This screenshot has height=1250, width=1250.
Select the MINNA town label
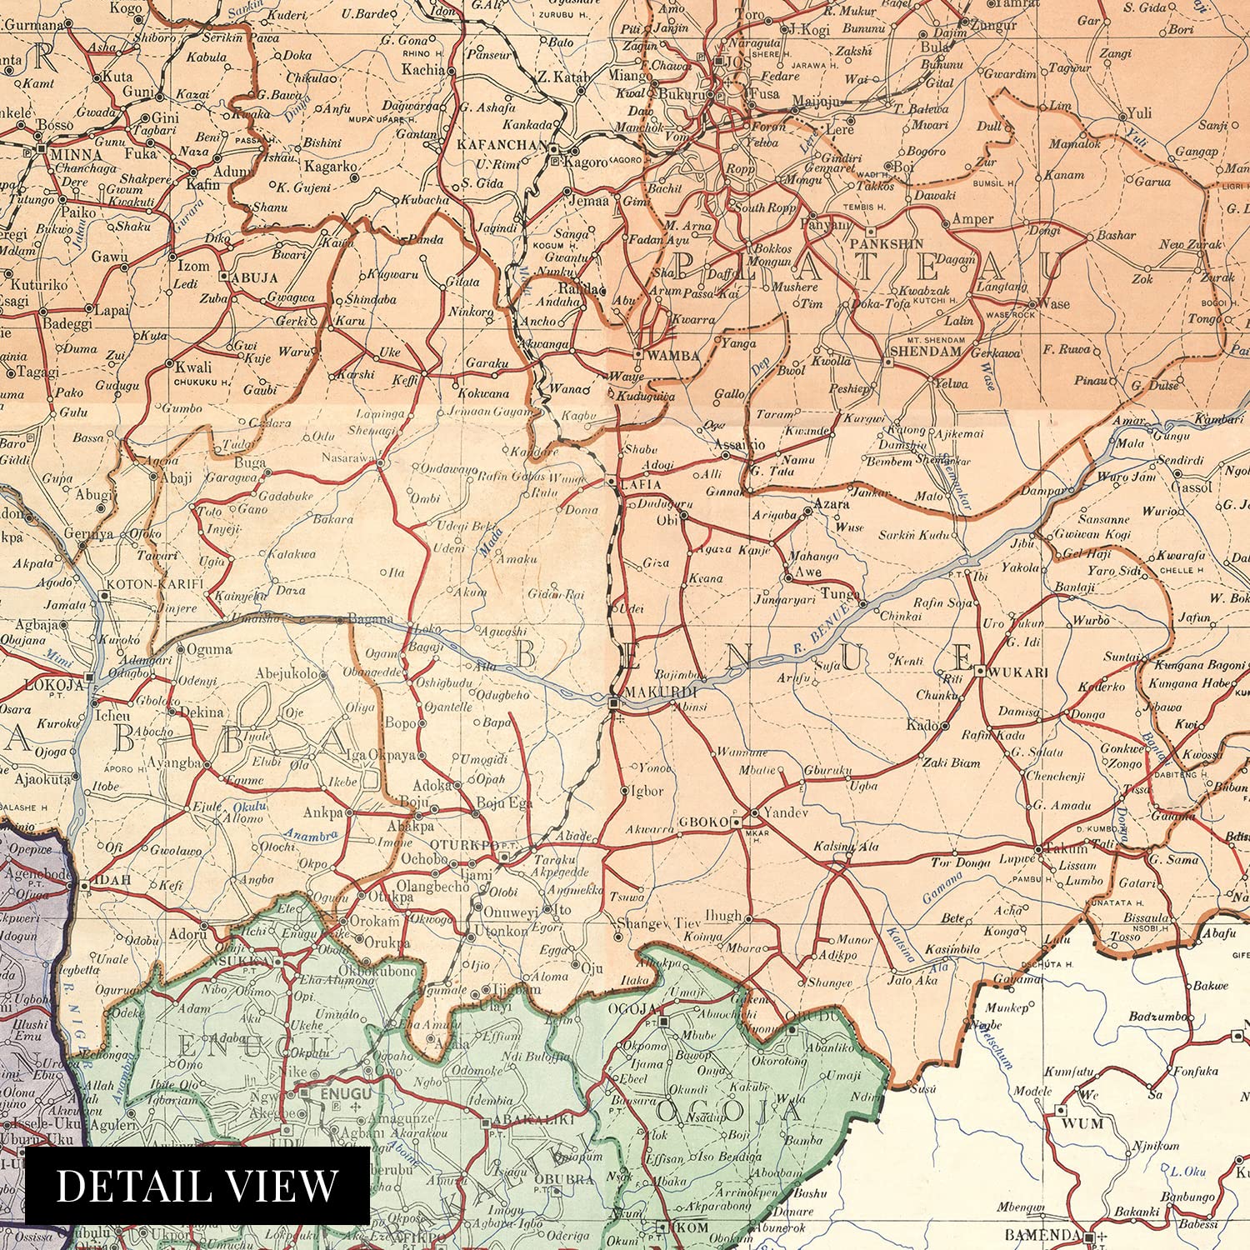click(x=75, y=155)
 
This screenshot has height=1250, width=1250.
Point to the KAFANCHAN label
click(x=502, y=145)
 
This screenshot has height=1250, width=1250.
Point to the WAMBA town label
click(x=672, y=356)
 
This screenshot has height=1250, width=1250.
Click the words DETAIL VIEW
click(x=197, y=1185)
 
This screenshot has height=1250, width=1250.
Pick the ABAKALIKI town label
click(x=530, y=1120)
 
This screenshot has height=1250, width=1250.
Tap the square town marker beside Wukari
click(x=981, y=670)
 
